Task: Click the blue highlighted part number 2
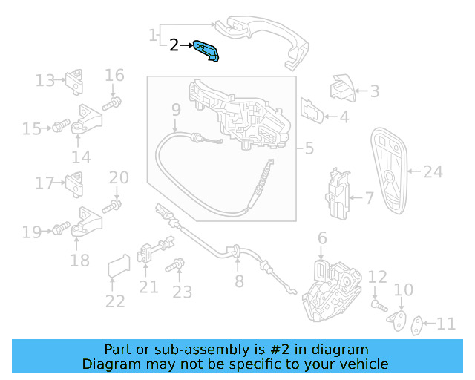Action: coord(208,51)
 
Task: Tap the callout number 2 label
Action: coord(174,45)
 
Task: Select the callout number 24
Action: coord(433,172)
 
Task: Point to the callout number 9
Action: coord(176,111)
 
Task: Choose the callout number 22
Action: coord(114,301)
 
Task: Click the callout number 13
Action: coord(45,80)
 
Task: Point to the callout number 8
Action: coord(238,281)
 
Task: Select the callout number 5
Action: coord(309,148)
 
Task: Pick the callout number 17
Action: coord(45,183)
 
